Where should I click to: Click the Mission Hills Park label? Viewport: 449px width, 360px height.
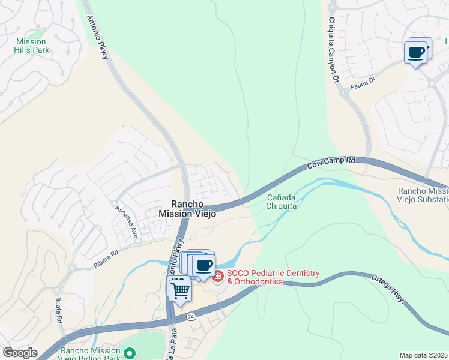tap(32, 46)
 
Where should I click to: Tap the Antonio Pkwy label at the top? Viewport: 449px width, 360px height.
tap(98, 37)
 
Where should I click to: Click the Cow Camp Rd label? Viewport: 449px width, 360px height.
tap(331, 163)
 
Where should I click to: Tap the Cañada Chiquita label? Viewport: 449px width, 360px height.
tap(282, 202)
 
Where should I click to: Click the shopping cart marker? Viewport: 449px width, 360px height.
tap(179, 291)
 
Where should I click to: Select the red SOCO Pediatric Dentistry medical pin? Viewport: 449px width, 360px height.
tap(217, 277)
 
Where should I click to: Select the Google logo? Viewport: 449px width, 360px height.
tap(20, 353)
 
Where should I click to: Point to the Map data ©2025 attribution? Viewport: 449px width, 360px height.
tap(424, 355)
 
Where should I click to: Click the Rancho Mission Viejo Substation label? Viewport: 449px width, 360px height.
tap(423, 195)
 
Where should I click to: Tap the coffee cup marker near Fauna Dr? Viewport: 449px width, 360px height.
tap(417, 52)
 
